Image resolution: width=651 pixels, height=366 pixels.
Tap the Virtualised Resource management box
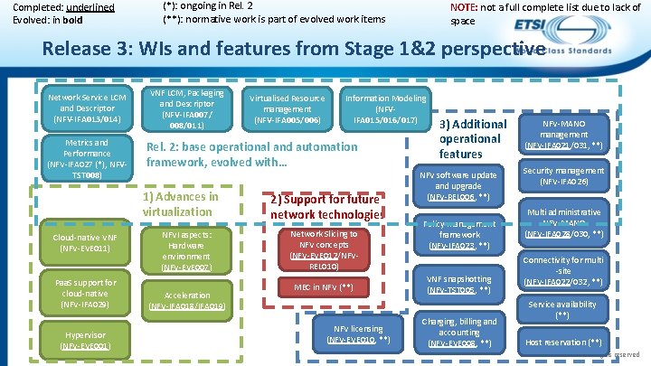[x=287, y=108]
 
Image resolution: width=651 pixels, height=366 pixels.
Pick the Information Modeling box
[x=385, y=108]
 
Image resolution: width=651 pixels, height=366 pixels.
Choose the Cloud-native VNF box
[x=86, y=241]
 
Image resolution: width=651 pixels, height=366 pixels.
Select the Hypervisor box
[x=86, y=340]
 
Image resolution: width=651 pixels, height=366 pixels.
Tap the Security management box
[x=564, y=175]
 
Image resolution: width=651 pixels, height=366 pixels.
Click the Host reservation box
[x=564, y=343]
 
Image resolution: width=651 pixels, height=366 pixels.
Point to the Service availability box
[x=564, y=309]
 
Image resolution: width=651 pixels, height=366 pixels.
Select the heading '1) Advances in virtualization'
[x=181, y=204]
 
